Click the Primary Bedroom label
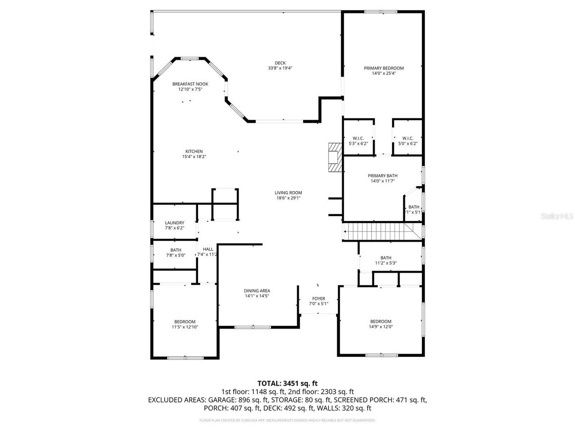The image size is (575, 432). [384, 68]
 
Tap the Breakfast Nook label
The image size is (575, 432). [190, 84]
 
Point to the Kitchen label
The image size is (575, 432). [194, 152]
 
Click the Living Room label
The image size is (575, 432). [288, 193]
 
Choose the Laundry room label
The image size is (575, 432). [174, 223]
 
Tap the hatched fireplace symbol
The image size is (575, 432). [335, 157]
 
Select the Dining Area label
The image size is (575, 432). [257, 291]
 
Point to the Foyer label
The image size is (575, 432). [318, 299]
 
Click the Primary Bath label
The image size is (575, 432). [382, 176]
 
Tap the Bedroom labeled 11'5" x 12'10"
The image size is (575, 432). [185, 322]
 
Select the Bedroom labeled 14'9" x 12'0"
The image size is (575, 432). [380, 322]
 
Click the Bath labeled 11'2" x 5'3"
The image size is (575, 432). [386, 258]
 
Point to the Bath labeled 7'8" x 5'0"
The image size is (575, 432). [176, 250]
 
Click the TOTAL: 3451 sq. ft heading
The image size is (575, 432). [287, 383]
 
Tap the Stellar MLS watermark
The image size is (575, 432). [557, 216]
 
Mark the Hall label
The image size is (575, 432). [208, 249]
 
